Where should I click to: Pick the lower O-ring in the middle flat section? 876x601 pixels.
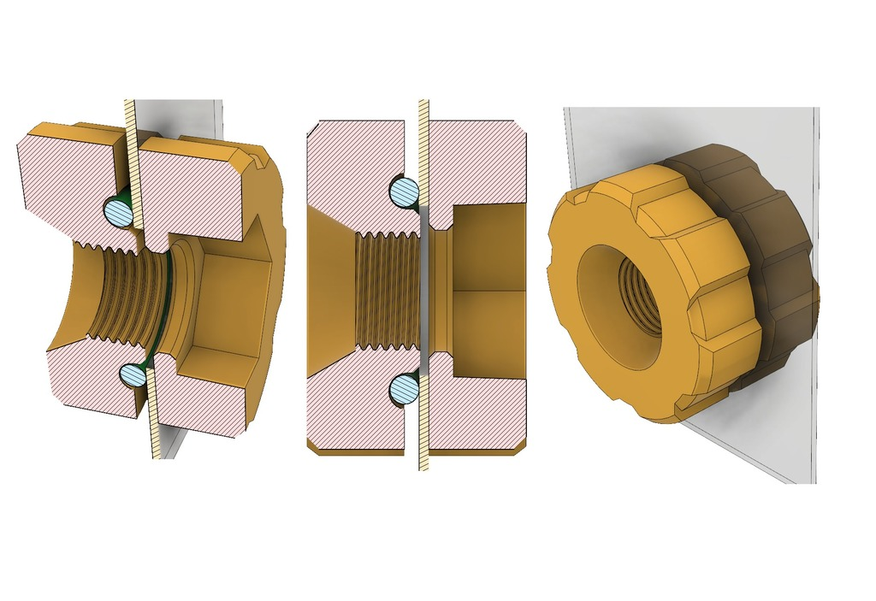tap(404, 390)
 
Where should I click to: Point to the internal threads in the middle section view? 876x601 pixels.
tap(385, 291)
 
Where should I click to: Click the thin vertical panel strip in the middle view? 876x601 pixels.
tap(423, 291)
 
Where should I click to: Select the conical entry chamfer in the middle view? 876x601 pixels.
tap(329, 291)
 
